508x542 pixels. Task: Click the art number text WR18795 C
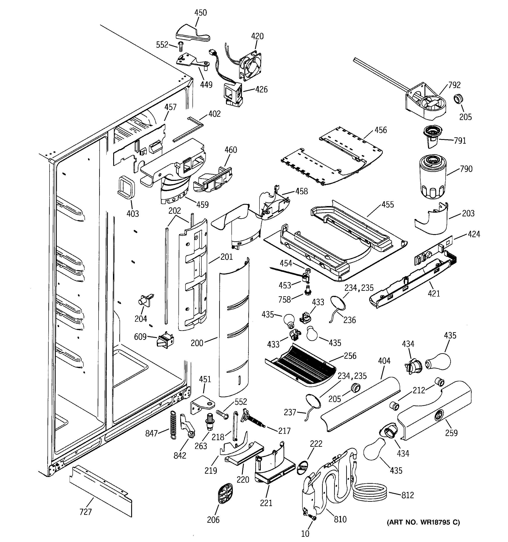tap(423, 522)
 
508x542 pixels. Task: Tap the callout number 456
tap(380, 130)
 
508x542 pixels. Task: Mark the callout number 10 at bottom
tap(305, 533)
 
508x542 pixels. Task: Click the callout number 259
tap(451, 433)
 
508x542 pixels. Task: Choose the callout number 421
tap(434, 293)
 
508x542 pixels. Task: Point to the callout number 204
tap(141, 318)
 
